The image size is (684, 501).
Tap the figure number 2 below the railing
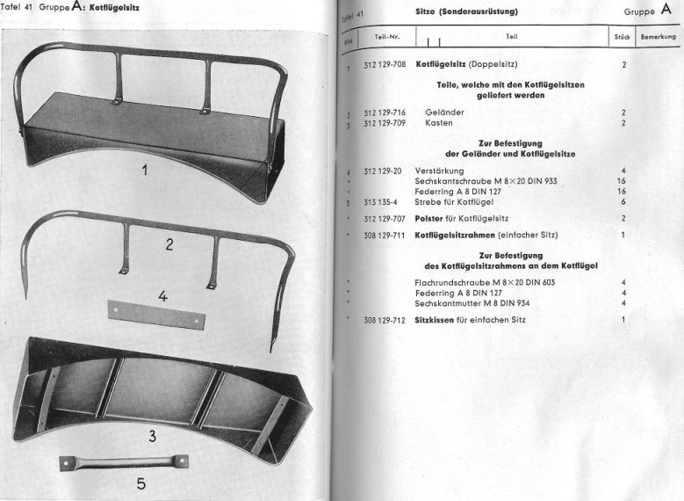click(169, 245)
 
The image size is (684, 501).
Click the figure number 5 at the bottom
click(140, 483)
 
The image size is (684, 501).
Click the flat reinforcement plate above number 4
click(155, 314)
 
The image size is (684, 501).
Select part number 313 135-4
click(380, 202)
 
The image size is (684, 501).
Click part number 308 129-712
click(384, 320)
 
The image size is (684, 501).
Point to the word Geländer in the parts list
click(444, 113)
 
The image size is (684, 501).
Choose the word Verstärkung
click(440, 170)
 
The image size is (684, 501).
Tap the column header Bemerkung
click(659, 37)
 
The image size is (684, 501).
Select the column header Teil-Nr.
click(386, 37)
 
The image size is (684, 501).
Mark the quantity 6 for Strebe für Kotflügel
click(623, 202)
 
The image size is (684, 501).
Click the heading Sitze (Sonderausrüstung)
click(466, 11)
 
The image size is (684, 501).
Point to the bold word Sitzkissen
click(434, 320)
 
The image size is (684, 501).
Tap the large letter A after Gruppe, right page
click(665, 11)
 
